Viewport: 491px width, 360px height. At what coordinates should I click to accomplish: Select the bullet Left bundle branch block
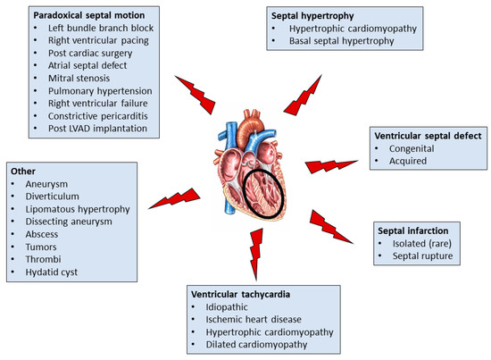click(x=93, y=29)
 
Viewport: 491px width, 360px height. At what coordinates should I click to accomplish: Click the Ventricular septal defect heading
click(x=427, y=135)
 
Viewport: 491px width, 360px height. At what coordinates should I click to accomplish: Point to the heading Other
click(x=22, y=169)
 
